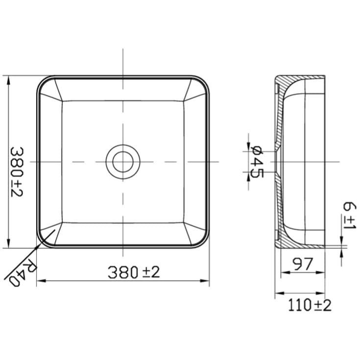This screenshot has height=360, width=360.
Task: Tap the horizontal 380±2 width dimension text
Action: tap(134, 272)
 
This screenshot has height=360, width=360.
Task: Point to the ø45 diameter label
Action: tap(257, 162)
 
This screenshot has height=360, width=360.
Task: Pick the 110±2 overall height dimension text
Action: tap(310, 305)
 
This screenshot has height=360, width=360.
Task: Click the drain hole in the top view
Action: tap(122, 162)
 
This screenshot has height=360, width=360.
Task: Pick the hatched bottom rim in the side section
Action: tap(289, 242)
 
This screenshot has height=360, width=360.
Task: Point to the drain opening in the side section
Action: tap(277, 162)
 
